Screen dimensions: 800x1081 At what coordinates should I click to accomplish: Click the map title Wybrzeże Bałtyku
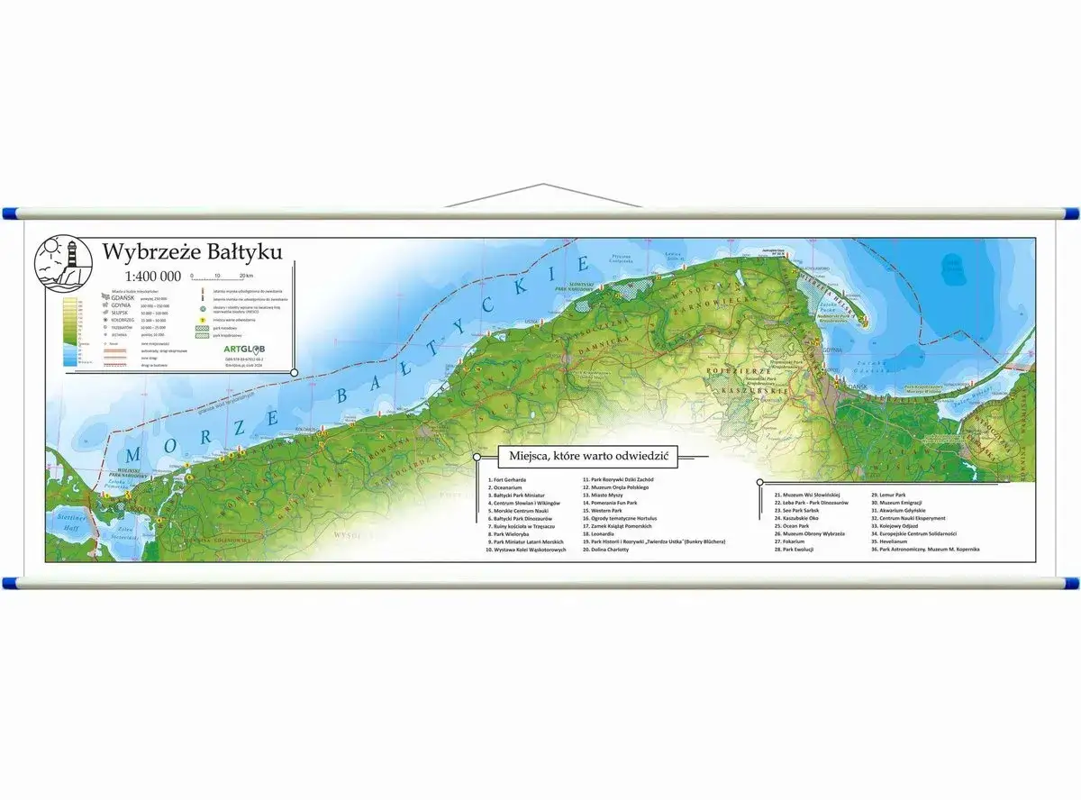click(x=192, y=250)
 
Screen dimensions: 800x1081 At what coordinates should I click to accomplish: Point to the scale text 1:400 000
click(x=152, y=276)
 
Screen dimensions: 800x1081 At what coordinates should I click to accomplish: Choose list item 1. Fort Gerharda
click(x=506, y=480)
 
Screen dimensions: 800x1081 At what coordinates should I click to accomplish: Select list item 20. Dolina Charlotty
click(x=604, y=549)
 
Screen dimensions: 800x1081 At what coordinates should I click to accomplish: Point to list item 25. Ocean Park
click(x=792, y=526)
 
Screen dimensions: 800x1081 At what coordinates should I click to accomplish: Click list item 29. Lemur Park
click(x=888, y=495)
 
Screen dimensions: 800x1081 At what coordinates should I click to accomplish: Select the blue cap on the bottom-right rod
click(x=1072, y=583)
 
